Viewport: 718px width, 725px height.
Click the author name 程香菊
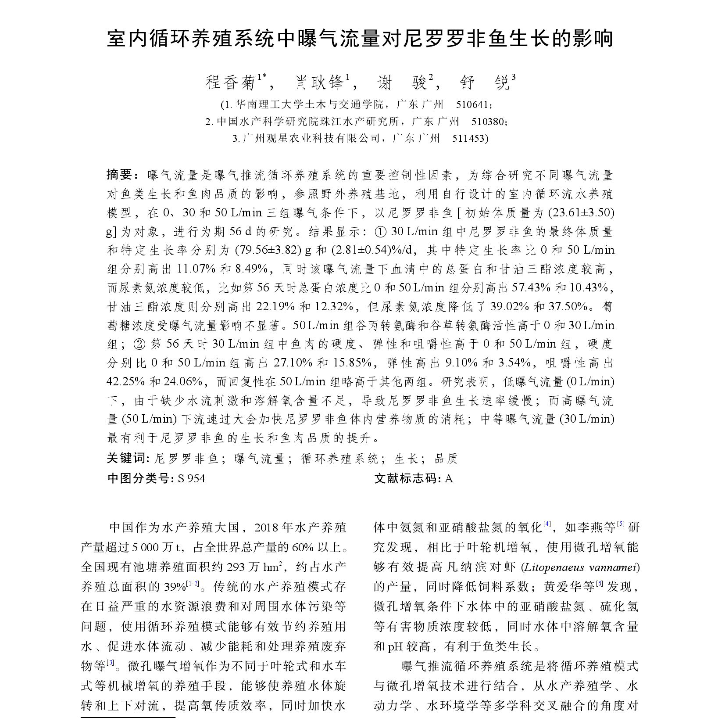pos(231,82)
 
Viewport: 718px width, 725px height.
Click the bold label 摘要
pos(119,175)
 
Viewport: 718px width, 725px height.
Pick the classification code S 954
pos(191,478)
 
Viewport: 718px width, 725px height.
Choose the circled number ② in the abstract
pos(138,344)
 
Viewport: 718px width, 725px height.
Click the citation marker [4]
pos(547,524)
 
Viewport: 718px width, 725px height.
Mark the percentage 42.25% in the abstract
pos(125,382)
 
